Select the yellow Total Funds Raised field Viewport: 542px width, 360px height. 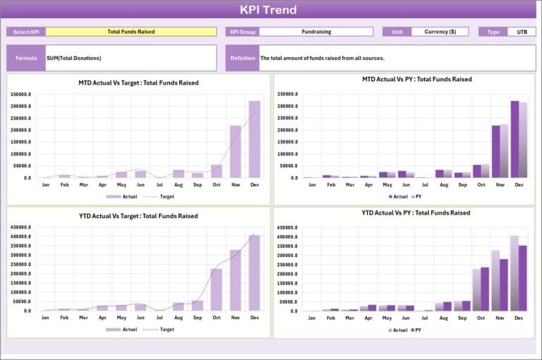click(131, 32)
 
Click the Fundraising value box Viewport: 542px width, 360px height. click(316, 32)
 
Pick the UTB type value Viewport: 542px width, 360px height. click(522, 32)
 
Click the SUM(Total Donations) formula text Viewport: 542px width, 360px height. click(74, 58)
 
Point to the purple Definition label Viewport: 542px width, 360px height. click(242, 58)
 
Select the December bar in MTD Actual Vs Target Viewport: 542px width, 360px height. click(254, 139)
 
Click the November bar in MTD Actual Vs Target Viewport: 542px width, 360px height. click(236, 152)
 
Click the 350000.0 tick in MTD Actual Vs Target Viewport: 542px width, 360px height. click(20, 94)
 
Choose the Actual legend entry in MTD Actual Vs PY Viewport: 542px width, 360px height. click(398, 196)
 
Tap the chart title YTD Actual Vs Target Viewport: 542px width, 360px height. click(138, 216)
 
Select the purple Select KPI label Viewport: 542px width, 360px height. click(26, 32)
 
